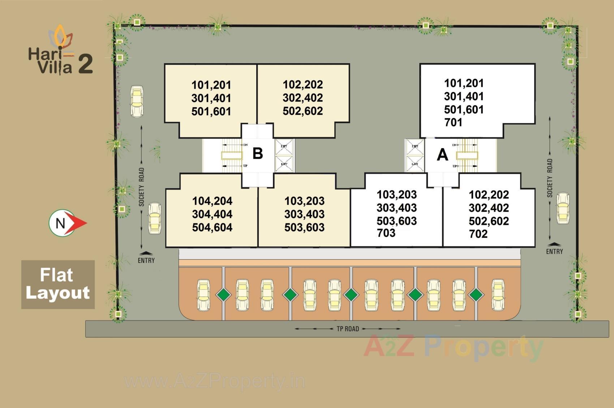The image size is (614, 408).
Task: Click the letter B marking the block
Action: [x=258, y=153]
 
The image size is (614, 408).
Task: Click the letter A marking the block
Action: [x=442, y=155]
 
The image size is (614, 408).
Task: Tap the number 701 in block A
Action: [x=453, y=122]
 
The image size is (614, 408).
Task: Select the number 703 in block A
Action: [x=386, y=233]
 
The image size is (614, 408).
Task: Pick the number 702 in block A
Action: [x=478, y=234]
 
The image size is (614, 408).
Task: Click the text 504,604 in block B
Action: [x=212, y=227]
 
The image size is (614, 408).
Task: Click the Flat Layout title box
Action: [x=58, y=284]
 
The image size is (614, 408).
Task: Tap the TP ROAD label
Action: [x=348, y=329]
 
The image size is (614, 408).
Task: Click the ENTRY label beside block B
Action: [x=146, y=260]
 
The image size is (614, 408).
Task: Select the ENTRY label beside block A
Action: [x=554, y=251]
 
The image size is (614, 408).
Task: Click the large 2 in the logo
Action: [x=85, y=64]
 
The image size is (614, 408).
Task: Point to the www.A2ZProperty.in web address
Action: [x=214, y=382]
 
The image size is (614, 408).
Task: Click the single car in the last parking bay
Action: [x=498, y=295]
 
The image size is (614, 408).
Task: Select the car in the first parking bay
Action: [x=203, y=295]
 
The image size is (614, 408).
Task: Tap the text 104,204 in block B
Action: [x=212, y=201]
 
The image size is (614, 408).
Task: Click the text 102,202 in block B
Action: [x=303, y=85]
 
